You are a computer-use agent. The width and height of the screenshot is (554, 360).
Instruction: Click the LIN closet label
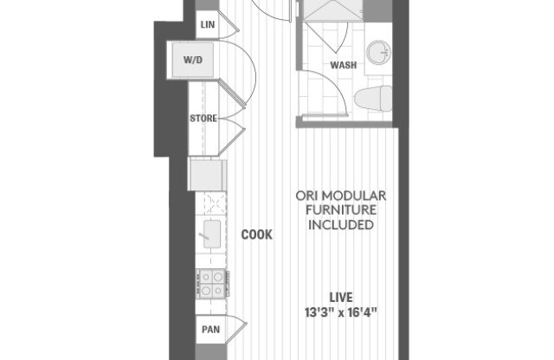[207, 24]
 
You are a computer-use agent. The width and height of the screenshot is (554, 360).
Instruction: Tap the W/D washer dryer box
[192, 61]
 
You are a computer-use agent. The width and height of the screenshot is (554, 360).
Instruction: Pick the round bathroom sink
[378, 53]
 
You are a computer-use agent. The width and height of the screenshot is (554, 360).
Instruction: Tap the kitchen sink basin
[210, 231]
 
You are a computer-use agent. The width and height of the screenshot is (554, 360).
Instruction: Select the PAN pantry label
[209, 329]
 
